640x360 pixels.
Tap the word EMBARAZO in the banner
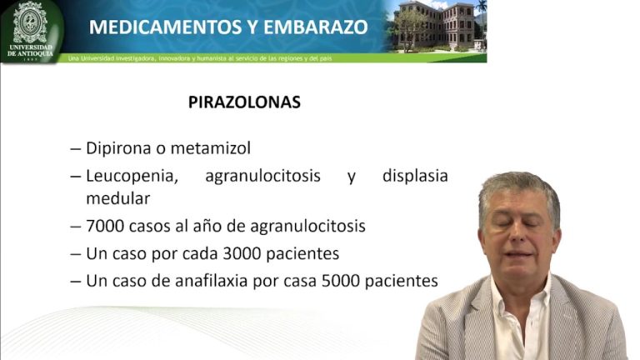(316, 27)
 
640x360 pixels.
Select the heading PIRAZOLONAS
(244, 102)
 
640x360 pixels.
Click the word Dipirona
(118, 148)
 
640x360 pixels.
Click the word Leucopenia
(132, 177)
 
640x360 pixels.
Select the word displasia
(415, 177)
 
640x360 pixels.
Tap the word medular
(118, 199)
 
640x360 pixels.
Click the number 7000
(105, 226)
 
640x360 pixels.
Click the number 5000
(341, 281)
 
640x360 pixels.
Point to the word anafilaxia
(209, 281)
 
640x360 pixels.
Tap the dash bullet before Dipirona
(76, 149)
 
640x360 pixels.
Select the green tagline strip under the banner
(273, 58)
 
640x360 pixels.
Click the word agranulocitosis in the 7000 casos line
(307, 227)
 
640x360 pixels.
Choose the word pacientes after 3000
(302, 254)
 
